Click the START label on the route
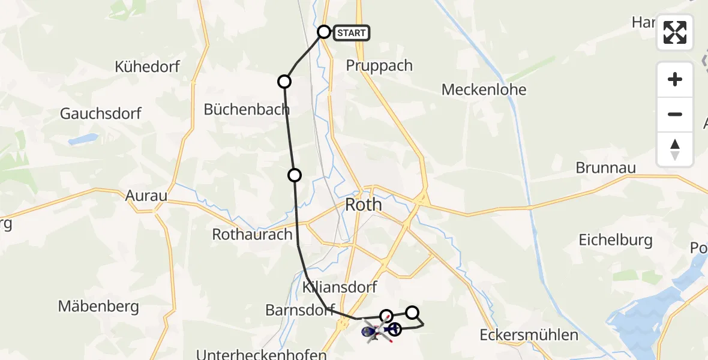352,33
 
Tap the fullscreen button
675,32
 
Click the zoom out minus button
675,114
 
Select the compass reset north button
675,149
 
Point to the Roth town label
364,205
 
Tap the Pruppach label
379,65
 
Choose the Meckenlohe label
484,90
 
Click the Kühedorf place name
148,67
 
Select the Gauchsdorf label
101,113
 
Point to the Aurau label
146,196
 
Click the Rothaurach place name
252,235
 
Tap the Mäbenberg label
98,307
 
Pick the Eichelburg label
615,241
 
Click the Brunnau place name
605,167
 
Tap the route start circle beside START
324,32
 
